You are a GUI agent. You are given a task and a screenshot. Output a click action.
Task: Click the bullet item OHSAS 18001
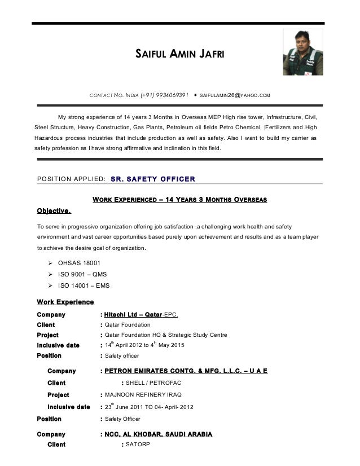click(81, 263)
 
